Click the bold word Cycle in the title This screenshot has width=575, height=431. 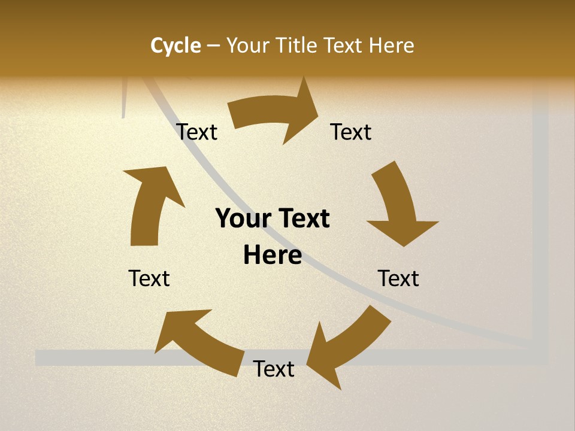pyautogui.click(x=175, y=45)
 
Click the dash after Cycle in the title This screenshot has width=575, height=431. pyautogui.click(x=213, y=45)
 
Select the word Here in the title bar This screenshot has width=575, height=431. pyautogui.click(x=390, y=45)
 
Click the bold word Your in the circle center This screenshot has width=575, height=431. pyautogui.click(x=243, y=219)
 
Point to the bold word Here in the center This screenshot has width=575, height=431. pyautogui.click(x=273, y=256)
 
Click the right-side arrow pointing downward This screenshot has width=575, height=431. pyautogui.click(x=398, y=204)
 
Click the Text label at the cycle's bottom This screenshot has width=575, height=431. pyautogui.click(x=274, y=369)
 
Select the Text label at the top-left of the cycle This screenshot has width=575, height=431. pyautogui.click(x=197, y=132)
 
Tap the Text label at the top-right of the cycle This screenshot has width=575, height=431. pyautogui.click(x=351, y=132)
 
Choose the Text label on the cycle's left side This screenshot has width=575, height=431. pyautogui.click(x=149, y=278)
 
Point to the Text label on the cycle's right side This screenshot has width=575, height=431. pyautogui.click(x=398, y=278)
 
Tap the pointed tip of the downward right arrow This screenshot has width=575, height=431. pyautogui.click(x=405, y=245)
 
